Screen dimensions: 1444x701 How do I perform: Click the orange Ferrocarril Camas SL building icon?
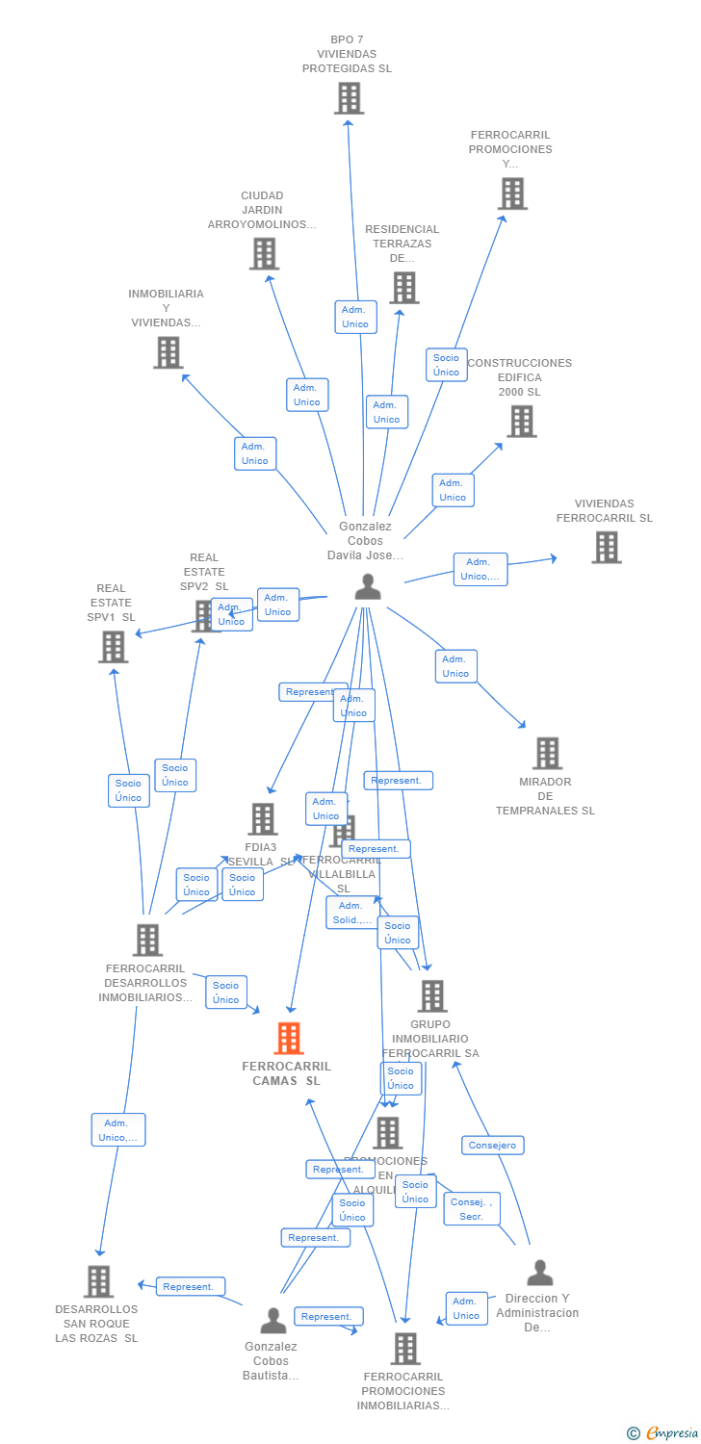coord(288,1038)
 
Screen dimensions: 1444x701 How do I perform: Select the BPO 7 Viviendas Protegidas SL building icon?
coord(349,98)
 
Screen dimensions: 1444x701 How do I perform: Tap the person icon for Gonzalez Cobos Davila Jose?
coord(367,586)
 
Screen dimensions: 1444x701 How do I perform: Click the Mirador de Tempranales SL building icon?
coord(547,753)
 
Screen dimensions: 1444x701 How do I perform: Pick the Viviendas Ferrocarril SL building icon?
coord(606,547)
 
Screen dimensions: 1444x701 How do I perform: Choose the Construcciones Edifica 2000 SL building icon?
coord(521,421)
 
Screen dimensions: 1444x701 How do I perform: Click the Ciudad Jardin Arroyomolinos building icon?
coord(264,253)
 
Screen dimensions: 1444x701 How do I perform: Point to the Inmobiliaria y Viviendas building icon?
coord(168,352)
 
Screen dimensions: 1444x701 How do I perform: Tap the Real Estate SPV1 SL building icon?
coord(113,647)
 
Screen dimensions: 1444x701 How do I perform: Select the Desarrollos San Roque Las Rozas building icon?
coord(98,1281)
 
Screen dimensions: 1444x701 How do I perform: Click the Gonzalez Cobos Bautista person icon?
coord(273,1320)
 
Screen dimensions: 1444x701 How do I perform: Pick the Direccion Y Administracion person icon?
coord(539,1273)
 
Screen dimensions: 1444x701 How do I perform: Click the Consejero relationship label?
coord(494,1145)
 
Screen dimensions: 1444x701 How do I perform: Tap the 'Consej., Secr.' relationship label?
coord(472,1208)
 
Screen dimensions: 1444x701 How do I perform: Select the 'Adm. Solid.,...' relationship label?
coord(351,912)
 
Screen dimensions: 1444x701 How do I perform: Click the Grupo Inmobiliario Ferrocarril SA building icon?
coord(431,996)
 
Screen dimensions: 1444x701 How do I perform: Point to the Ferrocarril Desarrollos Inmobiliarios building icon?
coord(146,940)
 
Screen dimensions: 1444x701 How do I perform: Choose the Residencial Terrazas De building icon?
coord(403,287)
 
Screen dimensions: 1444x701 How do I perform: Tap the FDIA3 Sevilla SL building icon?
coord(262,819)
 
